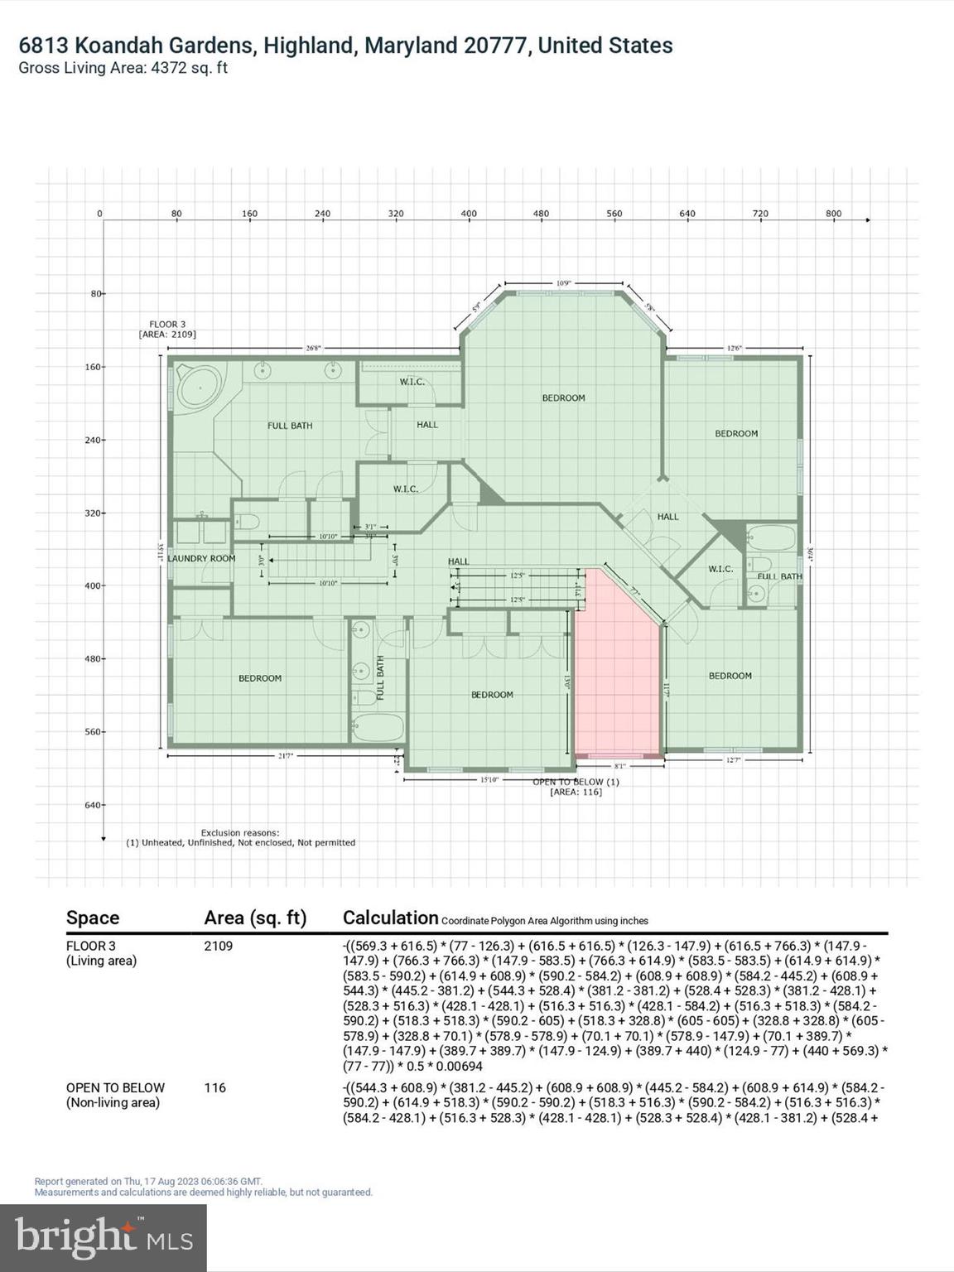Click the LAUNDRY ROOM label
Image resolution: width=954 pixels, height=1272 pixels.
[201, 558]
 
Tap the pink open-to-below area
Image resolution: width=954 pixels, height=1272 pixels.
[616, 679]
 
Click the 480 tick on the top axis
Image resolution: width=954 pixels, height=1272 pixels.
[541, 214]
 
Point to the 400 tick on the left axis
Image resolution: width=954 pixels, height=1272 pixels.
[92, 585]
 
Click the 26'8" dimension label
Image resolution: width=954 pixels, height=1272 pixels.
[313, 349]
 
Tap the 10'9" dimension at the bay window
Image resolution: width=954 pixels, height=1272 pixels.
[563, 283]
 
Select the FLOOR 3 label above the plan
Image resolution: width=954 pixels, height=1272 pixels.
[167, 324]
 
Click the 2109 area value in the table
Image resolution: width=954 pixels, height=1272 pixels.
[219, 946]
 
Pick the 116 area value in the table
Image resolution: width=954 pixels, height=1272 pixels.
[214, 1087]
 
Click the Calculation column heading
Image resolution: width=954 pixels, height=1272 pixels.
[390, 918]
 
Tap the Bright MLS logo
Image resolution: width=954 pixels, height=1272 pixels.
[104, 1237]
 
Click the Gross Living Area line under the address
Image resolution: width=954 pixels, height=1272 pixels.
[123, 68]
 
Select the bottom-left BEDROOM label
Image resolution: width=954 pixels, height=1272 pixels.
[260, 678]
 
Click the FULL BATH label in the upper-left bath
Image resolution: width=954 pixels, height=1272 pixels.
[290, 426]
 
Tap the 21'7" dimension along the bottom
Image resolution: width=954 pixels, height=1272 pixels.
[287, 756]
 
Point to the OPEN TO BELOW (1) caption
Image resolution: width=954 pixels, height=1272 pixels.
[576, 782]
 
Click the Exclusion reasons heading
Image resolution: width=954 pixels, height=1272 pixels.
[240, 832]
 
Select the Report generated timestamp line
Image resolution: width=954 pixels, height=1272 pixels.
[148, 1182]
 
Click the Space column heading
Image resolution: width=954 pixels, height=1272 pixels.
[93, 918]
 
